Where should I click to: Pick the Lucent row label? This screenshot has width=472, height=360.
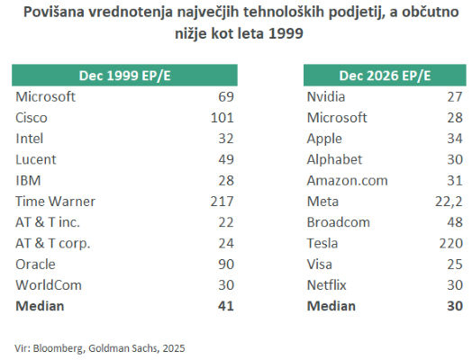pos(37,158)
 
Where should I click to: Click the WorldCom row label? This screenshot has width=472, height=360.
pos(49,284)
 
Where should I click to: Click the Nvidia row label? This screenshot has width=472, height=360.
pos(328,95)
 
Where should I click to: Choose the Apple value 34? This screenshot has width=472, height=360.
pos(455,138)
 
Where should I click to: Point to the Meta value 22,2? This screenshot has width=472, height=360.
pos(449,201)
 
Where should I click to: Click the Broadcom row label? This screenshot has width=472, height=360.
pos(338,221)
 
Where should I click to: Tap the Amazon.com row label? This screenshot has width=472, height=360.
pos(347,180)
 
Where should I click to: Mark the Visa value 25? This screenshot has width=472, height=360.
pos(455,264)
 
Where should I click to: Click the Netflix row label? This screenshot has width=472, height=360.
pos(329,284)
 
